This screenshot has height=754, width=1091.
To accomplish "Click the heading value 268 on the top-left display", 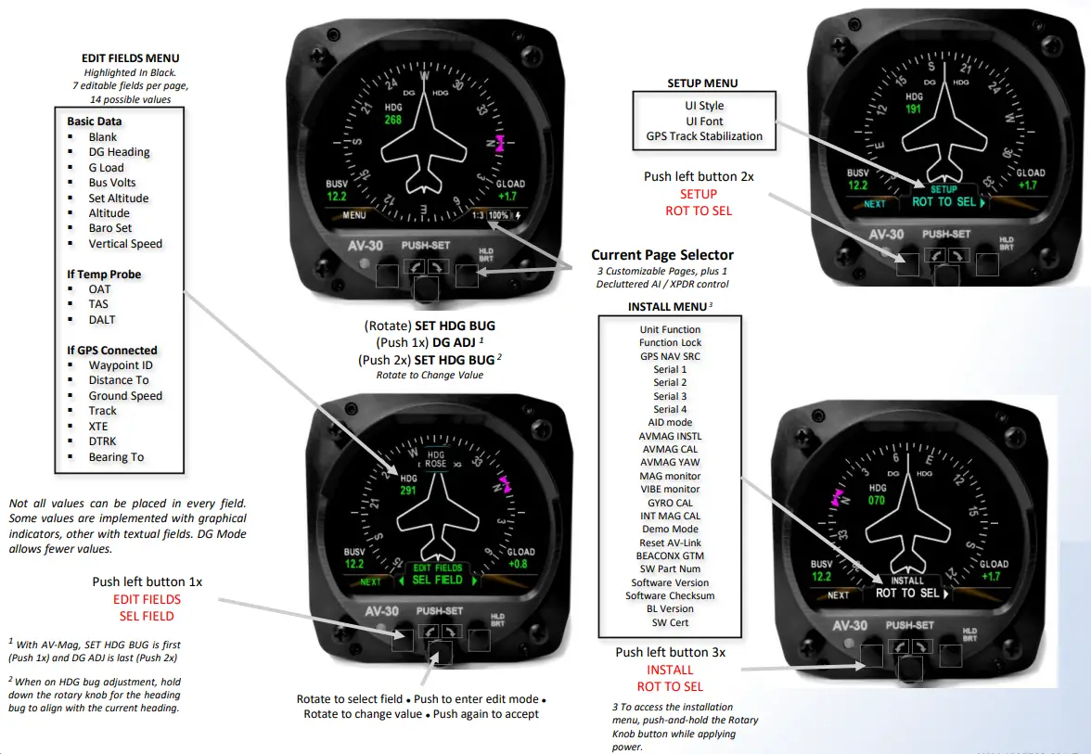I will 393,120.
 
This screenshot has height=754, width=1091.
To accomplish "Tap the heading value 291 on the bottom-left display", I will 408,491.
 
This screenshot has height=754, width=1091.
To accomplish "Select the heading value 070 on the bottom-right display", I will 877,500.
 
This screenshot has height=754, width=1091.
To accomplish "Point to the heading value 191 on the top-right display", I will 915,109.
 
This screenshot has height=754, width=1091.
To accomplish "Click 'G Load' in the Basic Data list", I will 106,168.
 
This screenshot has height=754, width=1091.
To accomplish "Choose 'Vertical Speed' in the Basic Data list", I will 125,244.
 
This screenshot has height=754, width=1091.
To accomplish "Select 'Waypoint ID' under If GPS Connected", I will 121,365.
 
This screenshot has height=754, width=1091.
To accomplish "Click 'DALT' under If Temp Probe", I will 102,320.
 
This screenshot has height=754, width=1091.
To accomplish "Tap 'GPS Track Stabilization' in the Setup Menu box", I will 704,136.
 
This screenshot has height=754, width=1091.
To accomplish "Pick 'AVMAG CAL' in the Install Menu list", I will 670,449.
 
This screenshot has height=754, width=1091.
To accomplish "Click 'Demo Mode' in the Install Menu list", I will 670,529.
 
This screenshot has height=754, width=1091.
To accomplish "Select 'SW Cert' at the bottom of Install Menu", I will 670,622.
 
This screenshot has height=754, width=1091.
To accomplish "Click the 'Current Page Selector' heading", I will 662,255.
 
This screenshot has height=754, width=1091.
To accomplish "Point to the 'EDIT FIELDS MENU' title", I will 131,58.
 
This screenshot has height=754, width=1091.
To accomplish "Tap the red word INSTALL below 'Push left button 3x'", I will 670,670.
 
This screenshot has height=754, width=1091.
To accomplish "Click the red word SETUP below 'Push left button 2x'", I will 698,194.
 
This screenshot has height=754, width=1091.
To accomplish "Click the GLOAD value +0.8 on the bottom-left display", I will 518,564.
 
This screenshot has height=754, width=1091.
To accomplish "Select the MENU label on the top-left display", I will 354,215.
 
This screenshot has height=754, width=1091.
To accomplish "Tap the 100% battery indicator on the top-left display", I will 498,215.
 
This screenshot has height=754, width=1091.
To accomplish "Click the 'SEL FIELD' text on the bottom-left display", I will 437,580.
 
